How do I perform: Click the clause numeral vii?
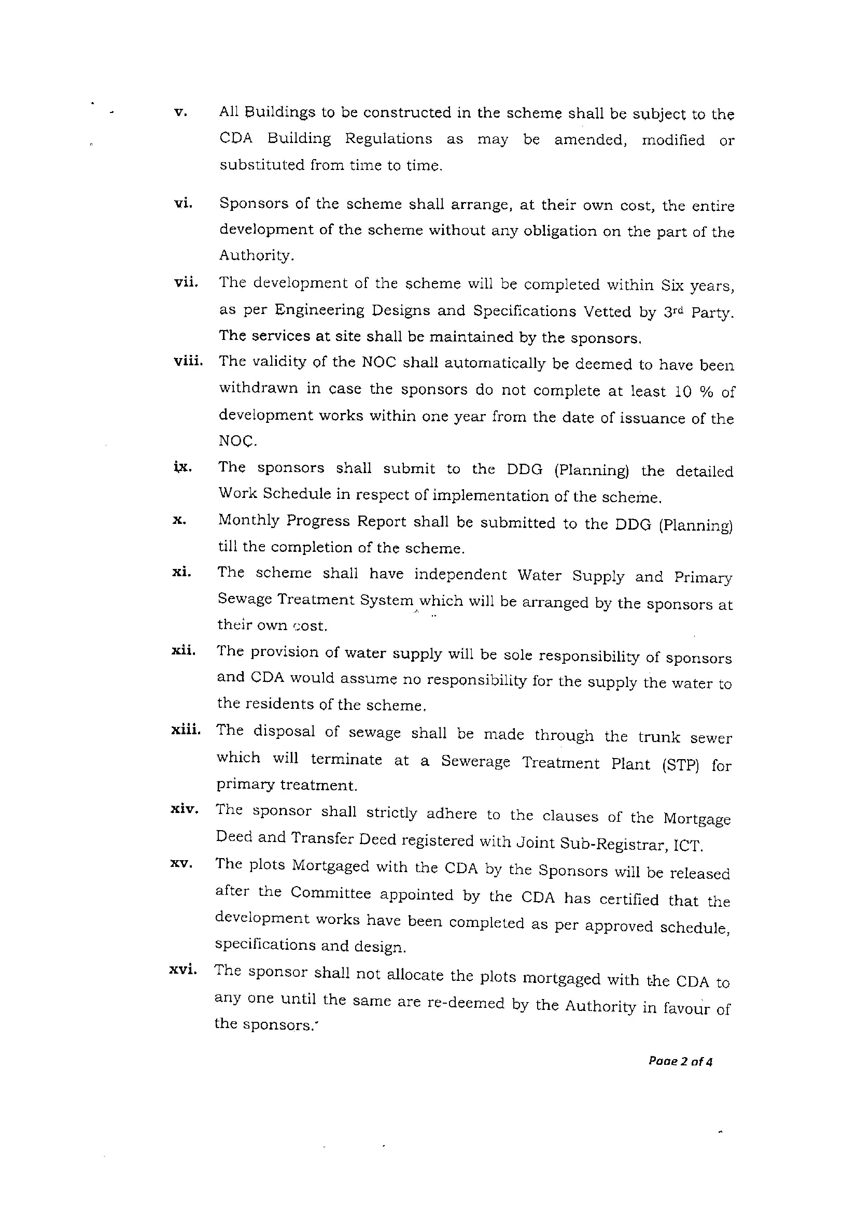coord(186,282)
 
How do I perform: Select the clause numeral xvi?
coord(183,969)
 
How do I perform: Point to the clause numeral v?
coord(180,112)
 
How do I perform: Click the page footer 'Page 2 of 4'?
coord(680,1062)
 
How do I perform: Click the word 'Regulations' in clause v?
coord(388,139)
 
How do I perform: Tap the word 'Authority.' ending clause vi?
coord(256,255)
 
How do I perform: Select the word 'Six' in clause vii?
coord(672,285)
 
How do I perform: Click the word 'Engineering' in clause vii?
coord(319,310)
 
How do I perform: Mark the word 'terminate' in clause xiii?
coord(346,759)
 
